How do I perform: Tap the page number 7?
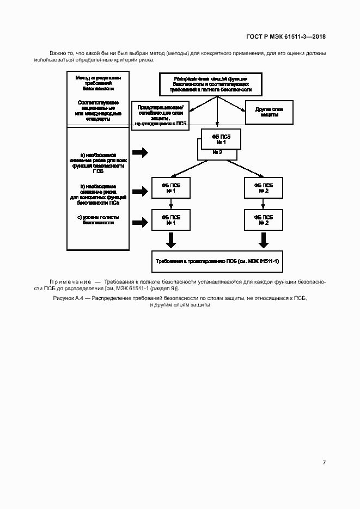click(x=324, y=462)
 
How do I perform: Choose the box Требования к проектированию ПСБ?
click(x=217, y=261)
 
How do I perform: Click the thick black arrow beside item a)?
click(x=140, y=153)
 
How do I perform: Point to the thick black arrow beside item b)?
click(x=140, y=191)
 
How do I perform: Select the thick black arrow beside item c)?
click(x=140, y=222)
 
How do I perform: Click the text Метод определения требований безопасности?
click(x=98, y=83)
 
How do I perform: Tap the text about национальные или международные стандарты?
click(x=98, y=110)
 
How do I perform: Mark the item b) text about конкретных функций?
click(x=98, y=194)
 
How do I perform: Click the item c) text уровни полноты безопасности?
click(x=98, y=220)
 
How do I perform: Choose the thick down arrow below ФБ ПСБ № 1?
click(x=170, y=240)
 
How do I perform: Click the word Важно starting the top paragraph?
click(x=58, y=53)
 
